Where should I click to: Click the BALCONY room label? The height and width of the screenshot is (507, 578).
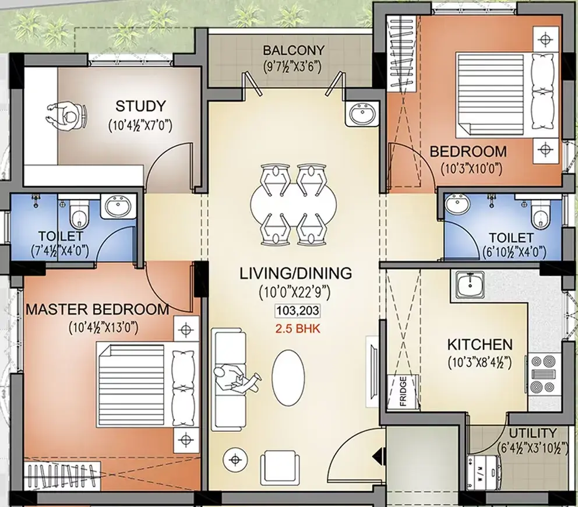point(294,50)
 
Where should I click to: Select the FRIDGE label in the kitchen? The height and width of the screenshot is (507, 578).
point(403,391)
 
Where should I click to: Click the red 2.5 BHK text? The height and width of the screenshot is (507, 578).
point(298,329)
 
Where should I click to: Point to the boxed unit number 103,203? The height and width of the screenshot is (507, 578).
point(298,311)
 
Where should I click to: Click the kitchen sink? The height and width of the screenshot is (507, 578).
point(470,284)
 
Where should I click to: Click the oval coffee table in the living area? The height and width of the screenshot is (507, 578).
point(288,377)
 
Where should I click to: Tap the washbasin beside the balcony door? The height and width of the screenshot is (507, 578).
point(362,114)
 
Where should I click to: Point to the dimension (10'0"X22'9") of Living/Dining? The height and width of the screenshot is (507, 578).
point(294,292)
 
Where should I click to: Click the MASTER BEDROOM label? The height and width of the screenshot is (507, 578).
point(97,309)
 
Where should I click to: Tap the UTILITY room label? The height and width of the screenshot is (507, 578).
point(533,433)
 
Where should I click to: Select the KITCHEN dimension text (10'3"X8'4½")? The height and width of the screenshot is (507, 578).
point(480,362)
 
